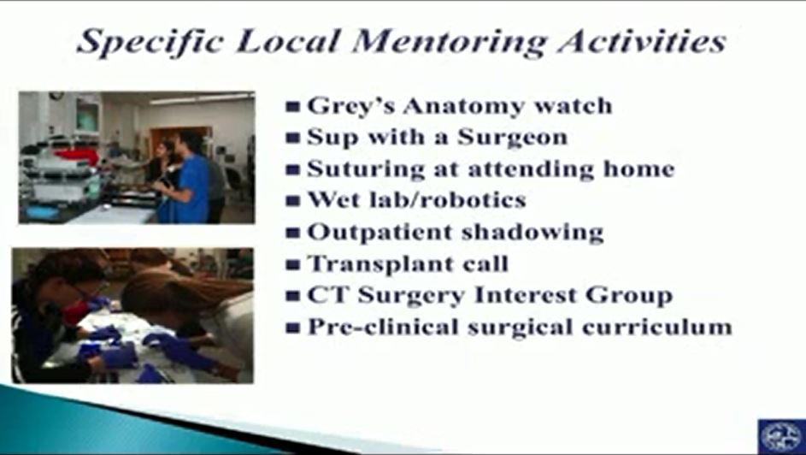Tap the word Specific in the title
coord(149,42)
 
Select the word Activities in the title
coord(642,40)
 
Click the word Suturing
coord(366,169)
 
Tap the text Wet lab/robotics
coord(416,199)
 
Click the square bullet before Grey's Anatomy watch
coord(293,107)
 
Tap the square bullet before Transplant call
coord(293,265)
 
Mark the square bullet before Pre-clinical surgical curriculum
coord(293,328)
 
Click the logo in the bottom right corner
coord(782,436)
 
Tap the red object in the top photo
coord(76,157)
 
